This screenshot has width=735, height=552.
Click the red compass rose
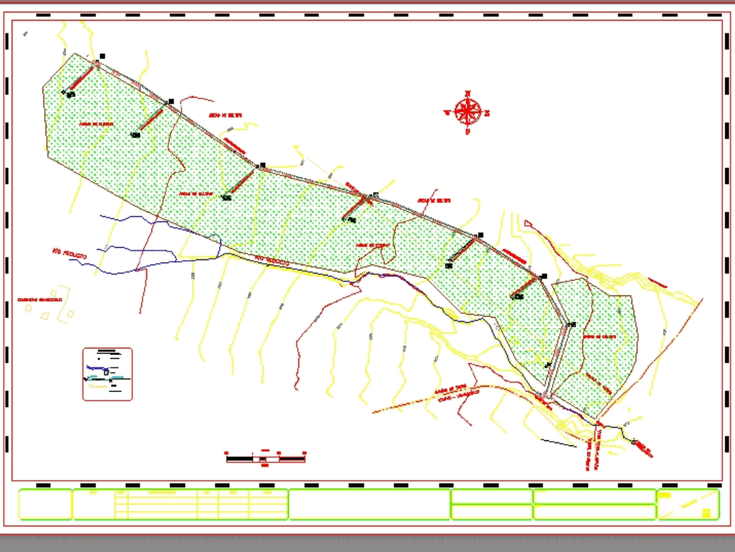pos(467,112)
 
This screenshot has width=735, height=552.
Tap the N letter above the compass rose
pos(467,93)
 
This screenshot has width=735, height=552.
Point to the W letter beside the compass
pos(447,112)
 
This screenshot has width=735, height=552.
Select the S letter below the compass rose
pos(467,132)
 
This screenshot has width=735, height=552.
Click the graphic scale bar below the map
pos(266,458)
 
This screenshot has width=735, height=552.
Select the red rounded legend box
pos(107,374)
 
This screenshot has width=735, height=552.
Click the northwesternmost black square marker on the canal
pos(102,56)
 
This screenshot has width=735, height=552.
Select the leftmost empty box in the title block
pos(45,504)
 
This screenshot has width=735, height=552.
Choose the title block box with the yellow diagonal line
pos(687,504)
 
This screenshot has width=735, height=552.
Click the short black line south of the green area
pos(559,441)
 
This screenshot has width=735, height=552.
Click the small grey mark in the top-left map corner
pos(25,33)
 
